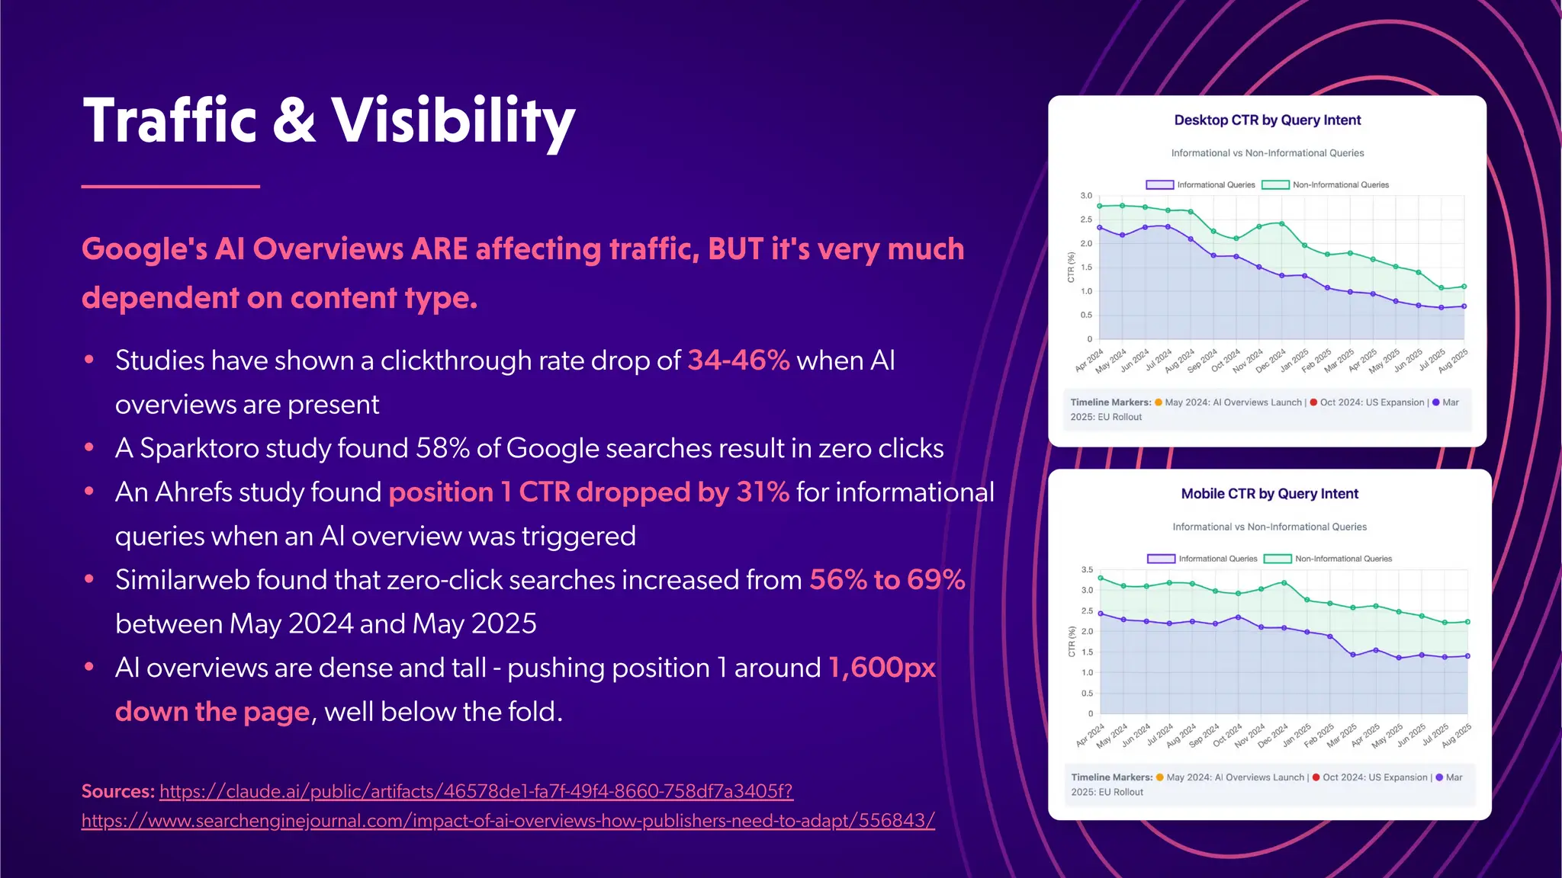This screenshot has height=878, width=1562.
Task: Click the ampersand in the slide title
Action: pyautogui.click(x=293, y=120)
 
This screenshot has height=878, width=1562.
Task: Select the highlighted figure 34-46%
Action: pyautogui.click(x=738, y=360)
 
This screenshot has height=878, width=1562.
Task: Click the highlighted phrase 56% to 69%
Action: pyautogui.click(x=887, y=580)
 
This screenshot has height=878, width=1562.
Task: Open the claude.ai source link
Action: pyautogui.click(x=476, y=791)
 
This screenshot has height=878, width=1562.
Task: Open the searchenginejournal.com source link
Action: pyautogui.click(x=508, y=821)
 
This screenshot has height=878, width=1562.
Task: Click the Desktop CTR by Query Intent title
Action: pyautogui.click(x=1267, y=120)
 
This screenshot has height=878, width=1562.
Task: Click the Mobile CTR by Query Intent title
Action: pyautogui.click(x=1269, y=494)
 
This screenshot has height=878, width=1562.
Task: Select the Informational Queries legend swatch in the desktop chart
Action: pyautogui.click(x=1159, y=185)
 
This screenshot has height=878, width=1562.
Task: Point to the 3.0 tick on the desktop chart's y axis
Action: pyautogui.click(x=1086, y=196)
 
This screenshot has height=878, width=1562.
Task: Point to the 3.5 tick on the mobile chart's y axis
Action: pyautogui.click(x=1087, y=570)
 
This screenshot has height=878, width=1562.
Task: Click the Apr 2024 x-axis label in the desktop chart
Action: pyautogui.click(x=1090, y=360)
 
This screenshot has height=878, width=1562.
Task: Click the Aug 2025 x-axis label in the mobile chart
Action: pyautogui.click(x=1458, y=735)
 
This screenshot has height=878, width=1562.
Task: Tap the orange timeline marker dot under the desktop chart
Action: pyautogui.click(x=1159, y=402)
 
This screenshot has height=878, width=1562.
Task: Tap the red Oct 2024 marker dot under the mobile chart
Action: pyautogui.click(x=1316, y=777)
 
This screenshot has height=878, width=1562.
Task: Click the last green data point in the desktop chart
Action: pyautogui.click(x=1464, y=287)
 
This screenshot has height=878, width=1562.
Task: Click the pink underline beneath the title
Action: pyautogui.click(x=170, y=186)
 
